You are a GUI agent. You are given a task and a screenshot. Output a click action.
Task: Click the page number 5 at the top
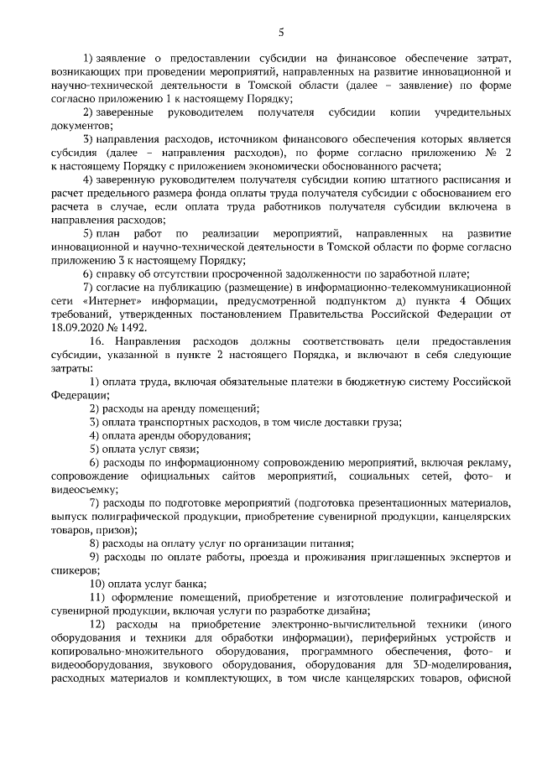tap(281, 33)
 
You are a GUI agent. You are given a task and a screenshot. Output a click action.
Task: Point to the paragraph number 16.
tap(96, 342)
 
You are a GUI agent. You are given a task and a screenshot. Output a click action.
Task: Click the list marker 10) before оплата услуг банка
tap(99, 584)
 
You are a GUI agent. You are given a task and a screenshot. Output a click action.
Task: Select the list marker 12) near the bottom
tap(98, 625)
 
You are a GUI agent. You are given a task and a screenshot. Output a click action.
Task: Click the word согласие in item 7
tap(124, 288)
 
